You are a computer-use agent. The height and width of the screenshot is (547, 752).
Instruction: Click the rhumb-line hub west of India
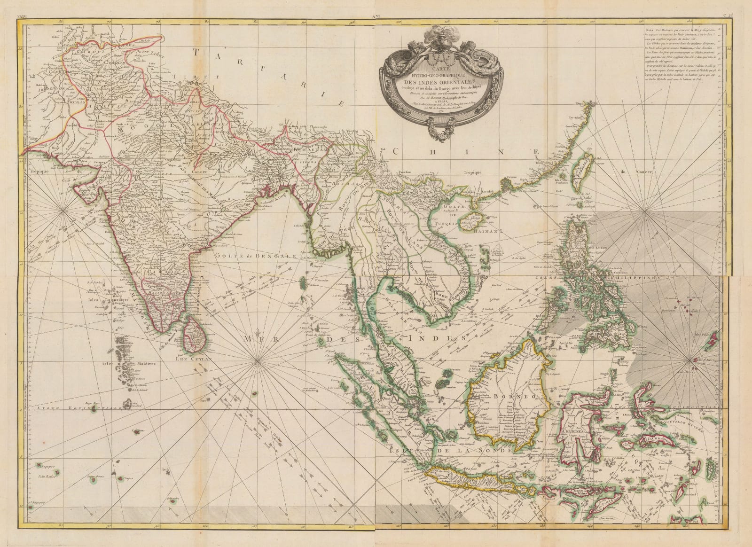[x=63, y=214]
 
